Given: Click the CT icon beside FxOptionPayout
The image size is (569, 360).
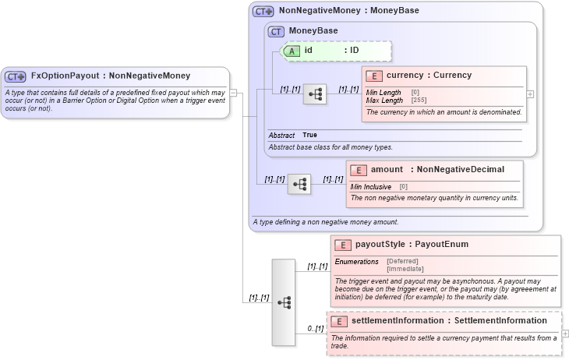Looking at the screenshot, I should click(x=16, y=76).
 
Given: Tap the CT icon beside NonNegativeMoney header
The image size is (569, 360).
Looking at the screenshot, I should click(x=263, y=12).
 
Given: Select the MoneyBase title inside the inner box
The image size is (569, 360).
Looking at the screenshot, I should click(x=313, y=31).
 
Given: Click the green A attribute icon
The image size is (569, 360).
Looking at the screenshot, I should click(x=291, y=51).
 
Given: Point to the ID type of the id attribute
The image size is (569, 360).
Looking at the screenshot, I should click(x=354, y=51).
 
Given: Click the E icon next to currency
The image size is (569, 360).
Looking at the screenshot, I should click(x=374, y=76).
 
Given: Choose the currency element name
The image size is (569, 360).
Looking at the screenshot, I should click(x=405, y=76).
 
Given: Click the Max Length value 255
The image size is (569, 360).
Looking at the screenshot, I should click(x=419, y=100).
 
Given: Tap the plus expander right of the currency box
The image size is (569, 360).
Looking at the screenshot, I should click(x=531, y=94).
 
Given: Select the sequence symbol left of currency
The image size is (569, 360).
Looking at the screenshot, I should click(x=315, y=94).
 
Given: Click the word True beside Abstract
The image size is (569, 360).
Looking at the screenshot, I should click(x=309, y=135).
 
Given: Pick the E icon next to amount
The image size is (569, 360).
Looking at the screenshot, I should click(x=359, y=170).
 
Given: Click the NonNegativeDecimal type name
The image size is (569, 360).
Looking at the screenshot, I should click(x=461, y=170).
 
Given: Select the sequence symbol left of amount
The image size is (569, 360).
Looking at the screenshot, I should click(x=299, y=185).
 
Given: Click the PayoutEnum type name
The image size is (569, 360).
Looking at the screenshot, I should click(x=440, y=245).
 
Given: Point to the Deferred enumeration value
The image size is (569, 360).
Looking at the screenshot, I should click(x=402, y=261).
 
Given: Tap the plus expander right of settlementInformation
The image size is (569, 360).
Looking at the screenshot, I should click(x=565, y=334).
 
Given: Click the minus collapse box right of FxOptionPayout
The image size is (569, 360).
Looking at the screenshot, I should click(x=233, y=94).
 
